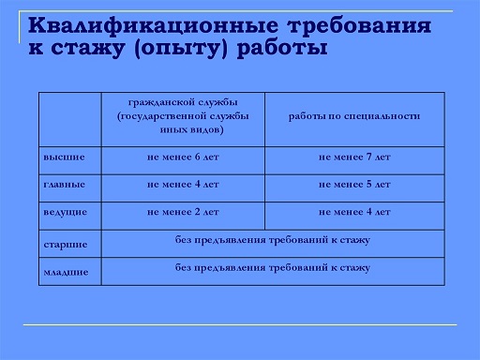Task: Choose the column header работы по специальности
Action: [354, 116]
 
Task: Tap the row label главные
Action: [65, 185]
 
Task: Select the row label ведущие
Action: [66, 212]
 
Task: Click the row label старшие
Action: [66, 244]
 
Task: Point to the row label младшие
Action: [66, 272]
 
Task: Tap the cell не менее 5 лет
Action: [354, 185]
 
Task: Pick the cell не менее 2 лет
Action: [183, 212]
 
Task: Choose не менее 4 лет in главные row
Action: [183, 185]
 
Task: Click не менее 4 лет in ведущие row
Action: [354, 212]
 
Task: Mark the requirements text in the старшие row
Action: [272, 240]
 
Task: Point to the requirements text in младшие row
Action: [272, 268]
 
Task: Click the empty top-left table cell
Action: [68, 116]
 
